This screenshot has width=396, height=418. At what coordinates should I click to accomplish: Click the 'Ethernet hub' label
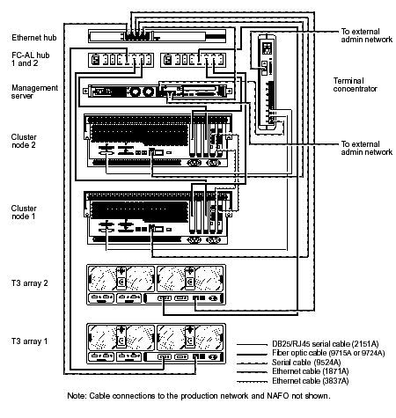33,39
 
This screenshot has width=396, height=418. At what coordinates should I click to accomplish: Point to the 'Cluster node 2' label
26,141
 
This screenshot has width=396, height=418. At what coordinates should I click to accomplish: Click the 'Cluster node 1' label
26,213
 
